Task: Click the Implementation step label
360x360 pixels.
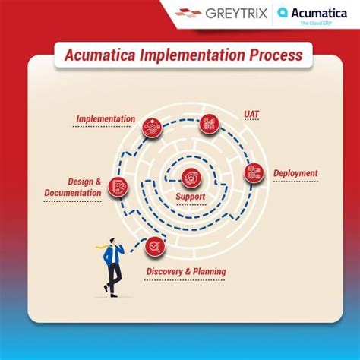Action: tap(106, 119)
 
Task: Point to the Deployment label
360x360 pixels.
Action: tap(295, 173)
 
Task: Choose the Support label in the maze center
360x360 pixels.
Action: tap(190, 196)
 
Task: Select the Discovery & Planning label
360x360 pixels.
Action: tap(185, 271)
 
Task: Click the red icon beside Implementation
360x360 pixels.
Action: tap(152, 128)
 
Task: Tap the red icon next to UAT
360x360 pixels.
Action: tap(210, 124)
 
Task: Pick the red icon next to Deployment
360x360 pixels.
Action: tap(254, 172)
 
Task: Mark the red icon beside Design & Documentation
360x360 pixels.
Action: tap(118, 185)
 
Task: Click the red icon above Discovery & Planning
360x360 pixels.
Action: tap(155, 245)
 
